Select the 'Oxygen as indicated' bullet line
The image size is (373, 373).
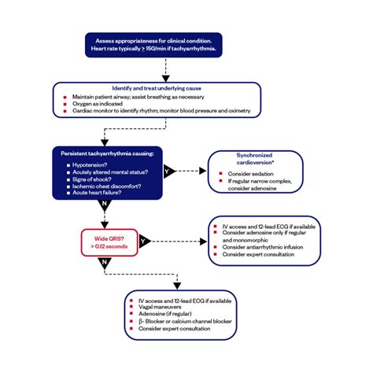(x=99, y=102)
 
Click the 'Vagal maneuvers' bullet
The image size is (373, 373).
(x=162, y=307)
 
